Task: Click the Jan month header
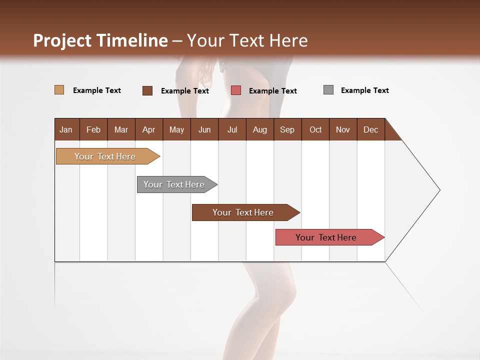tap(66, 129)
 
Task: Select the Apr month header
tap(148, 129)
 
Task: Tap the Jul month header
tap(232, 129)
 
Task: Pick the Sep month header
tap(287, 129)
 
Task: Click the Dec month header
tap(370, 129)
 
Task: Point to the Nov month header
tap(342, 129)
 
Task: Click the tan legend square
tap(59, 90)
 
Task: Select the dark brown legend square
tap(147, 90)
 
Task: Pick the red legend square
tap(236, 90)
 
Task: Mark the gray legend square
tap(328, 90)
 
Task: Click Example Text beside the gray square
tap(364, 90)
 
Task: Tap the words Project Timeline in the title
tap(100, 40)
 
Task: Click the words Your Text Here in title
tap(247, 40)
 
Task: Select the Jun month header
tap(204, 129)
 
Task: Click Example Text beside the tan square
tap(96, 90)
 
